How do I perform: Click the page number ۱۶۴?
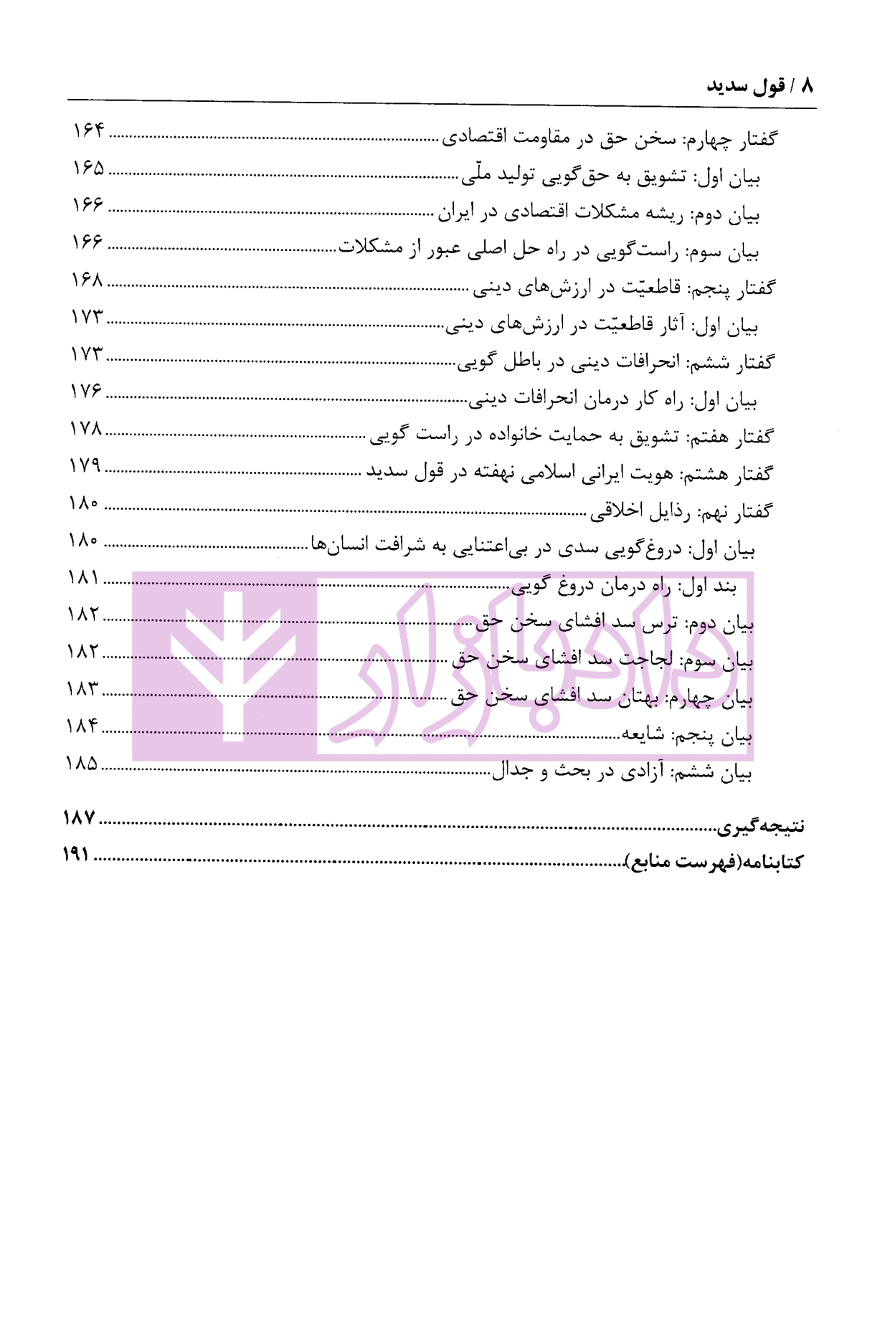[88, 131]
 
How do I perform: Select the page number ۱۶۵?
[88, 168]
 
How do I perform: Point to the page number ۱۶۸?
[87, 280]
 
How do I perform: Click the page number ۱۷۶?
[87, 392]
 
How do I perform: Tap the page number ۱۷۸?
[86, 429]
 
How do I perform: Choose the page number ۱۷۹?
[85, 465]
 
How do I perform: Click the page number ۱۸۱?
[84, 577]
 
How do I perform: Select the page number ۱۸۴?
[82, 726]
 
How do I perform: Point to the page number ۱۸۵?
[82, 763]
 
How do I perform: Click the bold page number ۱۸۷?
[79, 817]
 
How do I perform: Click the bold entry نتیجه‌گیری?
[760, 826]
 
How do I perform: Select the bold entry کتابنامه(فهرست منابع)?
[714, 861]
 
